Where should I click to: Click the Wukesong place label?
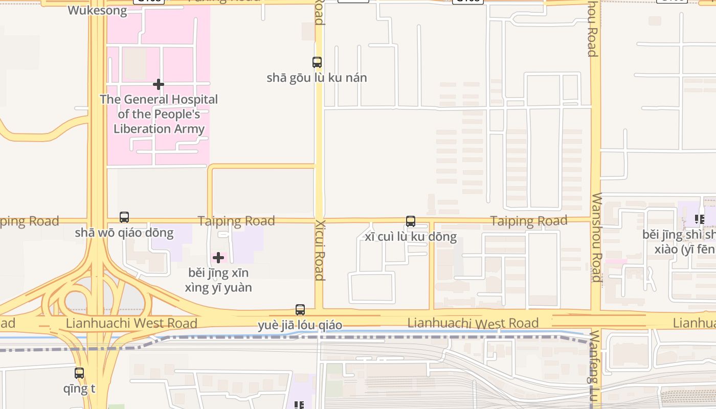[97, 10]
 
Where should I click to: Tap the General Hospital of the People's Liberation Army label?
[159, 114]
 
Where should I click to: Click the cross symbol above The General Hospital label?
[159, 84]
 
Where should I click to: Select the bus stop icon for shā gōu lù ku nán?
[317, 62]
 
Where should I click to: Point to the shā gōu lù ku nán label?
[317, 78]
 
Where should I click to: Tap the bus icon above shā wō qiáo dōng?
[124, 217]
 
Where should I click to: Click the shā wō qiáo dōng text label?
[124, 233]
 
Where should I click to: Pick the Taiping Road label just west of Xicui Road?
[236, 221]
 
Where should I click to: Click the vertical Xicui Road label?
[320, 251]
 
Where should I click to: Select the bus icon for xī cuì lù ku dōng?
[411, 221]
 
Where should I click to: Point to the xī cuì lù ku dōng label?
[411, 237]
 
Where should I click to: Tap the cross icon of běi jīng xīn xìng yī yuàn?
[218, 257]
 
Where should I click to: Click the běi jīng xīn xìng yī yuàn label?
[218, 280]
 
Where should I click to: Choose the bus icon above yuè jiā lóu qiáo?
[300, 310]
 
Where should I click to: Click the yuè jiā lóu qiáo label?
[300, 325]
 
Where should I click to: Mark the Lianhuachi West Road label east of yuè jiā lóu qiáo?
[473, 323]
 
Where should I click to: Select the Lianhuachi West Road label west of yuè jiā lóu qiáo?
[131, 323]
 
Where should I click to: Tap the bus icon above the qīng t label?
[79, 373]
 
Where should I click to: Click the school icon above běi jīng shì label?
[699, 220]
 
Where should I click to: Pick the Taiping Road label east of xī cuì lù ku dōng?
[529, 221]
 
